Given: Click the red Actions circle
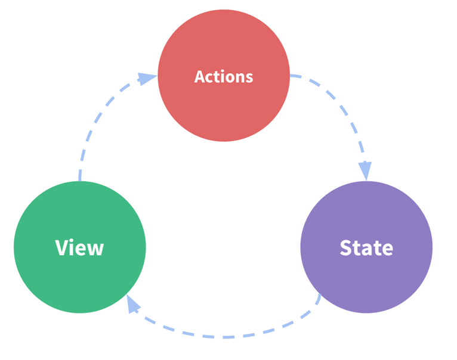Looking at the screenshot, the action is [224, 76].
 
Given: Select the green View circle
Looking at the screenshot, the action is [80, 247].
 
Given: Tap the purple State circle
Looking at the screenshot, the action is [366, 247].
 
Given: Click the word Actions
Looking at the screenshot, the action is [224, 77].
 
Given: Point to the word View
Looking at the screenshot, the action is [79, 247].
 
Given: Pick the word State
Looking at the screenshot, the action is [366, 248].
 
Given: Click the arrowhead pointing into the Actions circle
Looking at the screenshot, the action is [147, 79].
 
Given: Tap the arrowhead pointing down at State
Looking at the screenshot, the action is [365, 170].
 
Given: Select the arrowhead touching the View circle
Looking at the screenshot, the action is [133, 304].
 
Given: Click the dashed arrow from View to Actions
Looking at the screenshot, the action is [98, 116].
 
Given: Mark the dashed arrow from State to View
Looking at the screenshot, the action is [224, 337].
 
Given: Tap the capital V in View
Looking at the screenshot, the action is [62, 247].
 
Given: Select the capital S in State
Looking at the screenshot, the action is [346, 248].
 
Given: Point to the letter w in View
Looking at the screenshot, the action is [95, 250].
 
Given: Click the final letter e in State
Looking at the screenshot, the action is [387, 250].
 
